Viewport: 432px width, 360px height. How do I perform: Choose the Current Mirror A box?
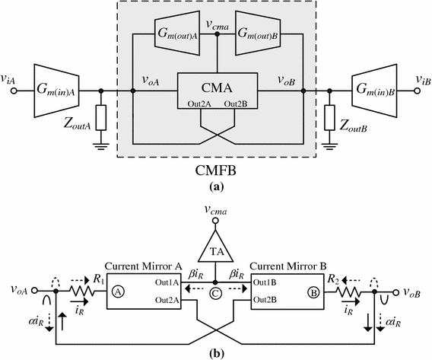point(143,288)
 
